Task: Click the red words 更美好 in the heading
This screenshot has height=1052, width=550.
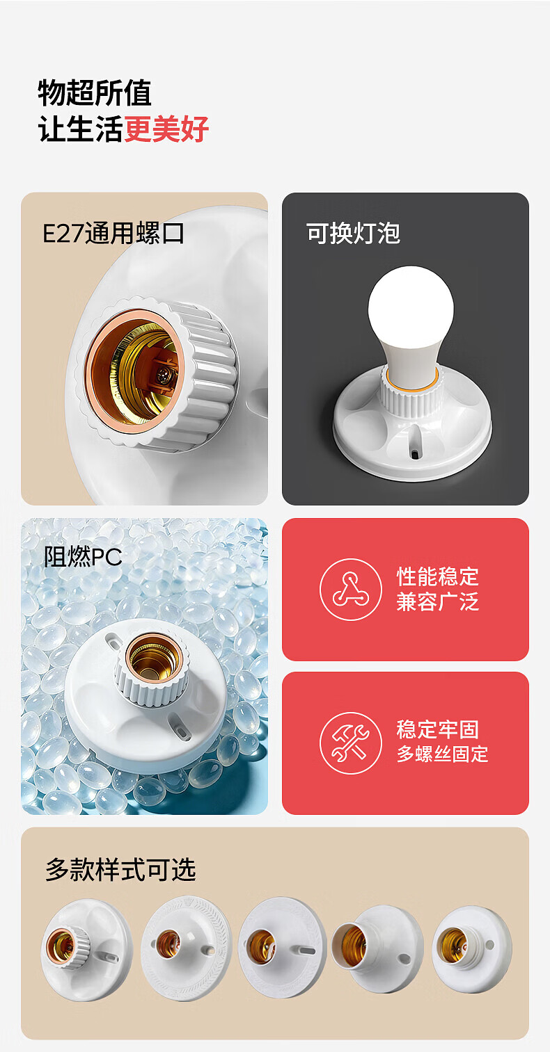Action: [166, 129]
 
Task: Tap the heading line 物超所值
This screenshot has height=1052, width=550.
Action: [95, 93]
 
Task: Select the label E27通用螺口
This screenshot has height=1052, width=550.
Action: [113, 233]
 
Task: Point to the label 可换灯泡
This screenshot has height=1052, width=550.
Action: [353, 233]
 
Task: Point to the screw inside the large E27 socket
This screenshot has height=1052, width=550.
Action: [163, 374]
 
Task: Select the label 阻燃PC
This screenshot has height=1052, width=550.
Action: [83, 557]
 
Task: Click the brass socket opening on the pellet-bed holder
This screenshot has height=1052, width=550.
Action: [153, 658]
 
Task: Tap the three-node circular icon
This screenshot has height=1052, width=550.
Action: [351, 590]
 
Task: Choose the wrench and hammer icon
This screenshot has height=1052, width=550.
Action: [351, 743]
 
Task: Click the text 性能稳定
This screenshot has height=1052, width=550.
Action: [438, 576]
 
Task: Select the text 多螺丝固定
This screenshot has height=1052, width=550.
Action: [442, 754]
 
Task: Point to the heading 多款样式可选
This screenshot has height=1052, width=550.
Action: [121, 870]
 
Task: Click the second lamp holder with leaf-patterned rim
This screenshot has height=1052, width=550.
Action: [186, 948]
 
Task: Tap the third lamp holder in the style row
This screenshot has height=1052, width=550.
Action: [283, 947]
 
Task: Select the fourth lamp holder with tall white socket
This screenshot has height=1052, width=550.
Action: [377, 948]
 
